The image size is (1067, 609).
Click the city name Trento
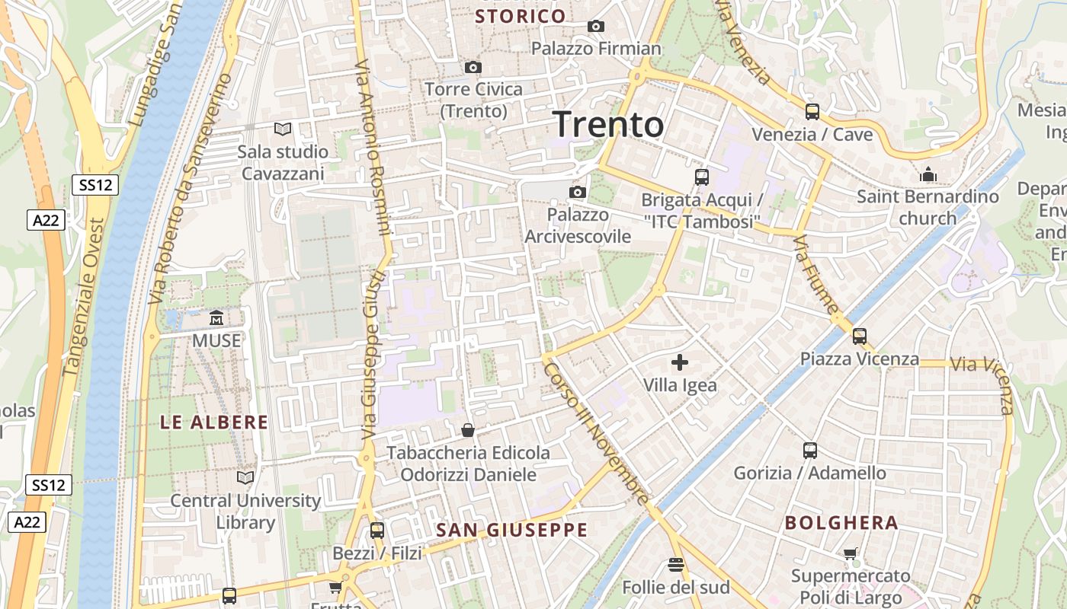(608, 124)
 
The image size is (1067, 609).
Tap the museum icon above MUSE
(216, 317)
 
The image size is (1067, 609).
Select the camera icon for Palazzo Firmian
(596, 27)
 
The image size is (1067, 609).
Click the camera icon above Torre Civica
(473, 68)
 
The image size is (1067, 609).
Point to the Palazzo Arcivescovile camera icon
(578, 192)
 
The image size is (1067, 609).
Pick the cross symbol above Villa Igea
(680, 362)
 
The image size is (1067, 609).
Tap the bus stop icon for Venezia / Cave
(812, 112)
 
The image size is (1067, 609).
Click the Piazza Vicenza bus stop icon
(860, 336)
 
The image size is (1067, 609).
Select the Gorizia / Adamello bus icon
(809, 451)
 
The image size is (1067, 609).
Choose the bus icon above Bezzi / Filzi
(376, 531)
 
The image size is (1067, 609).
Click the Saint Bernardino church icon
(928, 175)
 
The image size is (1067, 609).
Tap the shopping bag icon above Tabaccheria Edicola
(468, 431)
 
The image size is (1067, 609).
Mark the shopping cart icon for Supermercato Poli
(851, 553)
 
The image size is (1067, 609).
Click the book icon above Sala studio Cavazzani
(283, 129)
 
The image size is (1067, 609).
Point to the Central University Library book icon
(245, 477)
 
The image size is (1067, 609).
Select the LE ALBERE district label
(214, 422)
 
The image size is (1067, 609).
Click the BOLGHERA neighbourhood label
(841, 523)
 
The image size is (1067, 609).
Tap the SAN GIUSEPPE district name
(511, 530)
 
